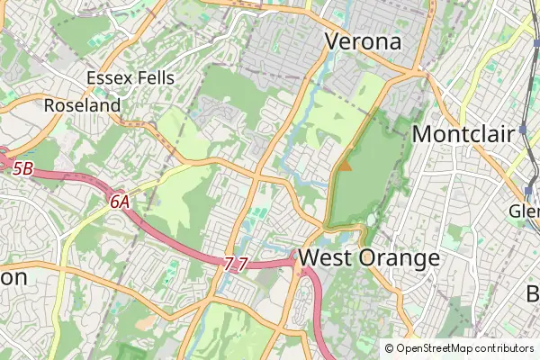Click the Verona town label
[363, 41]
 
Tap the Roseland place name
[82, 105]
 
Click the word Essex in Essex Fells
[110, 78]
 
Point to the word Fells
[156, 78]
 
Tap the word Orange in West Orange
[399, 259]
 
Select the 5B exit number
[23, 167]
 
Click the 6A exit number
[120, 202]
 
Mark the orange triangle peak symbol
[345, 166]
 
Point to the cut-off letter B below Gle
[533, 293]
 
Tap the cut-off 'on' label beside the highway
[13, 277]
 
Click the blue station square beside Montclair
[522, 130]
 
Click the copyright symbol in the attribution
[390, 348]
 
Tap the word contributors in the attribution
[504, 348]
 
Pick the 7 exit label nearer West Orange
[243, 264]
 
